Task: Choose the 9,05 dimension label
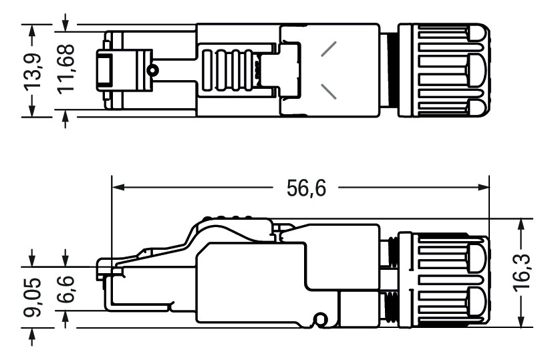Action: point(31,295)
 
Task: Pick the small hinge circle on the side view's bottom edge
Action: point(319,321)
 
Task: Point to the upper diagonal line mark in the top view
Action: point(328,48)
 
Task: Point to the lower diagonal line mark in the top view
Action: point(328,92)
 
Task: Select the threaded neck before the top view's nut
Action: point(388,71)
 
